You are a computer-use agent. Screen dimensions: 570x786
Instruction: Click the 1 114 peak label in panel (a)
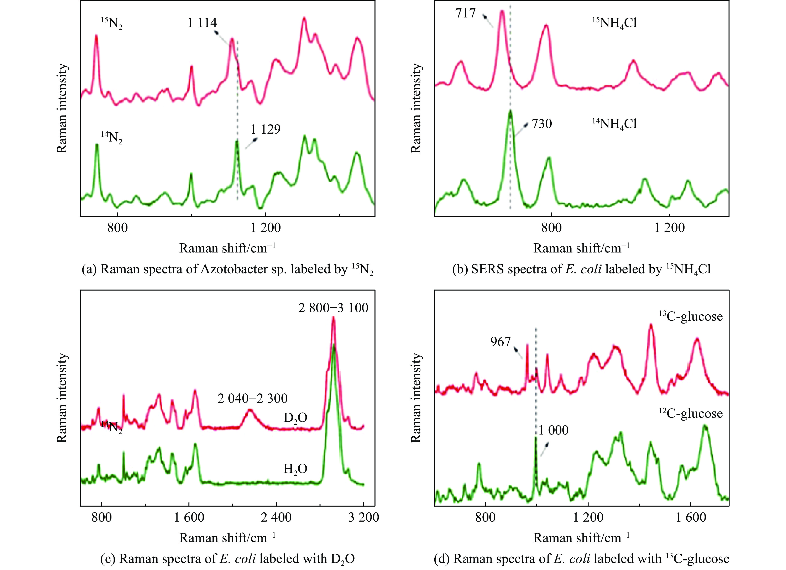point(202,23)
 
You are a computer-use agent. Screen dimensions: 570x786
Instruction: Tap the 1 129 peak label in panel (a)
point(266,129)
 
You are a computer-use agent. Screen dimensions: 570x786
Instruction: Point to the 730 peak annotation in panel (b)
point(542,124)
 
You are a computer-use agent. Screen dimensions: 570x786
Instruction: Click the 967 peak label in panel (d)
point(501,342)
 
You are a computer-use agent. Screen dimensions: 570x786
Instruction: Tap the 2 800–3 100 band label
point(333,308)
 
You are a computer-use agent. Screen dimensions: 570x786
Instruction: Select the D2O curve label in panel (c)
point(295,418)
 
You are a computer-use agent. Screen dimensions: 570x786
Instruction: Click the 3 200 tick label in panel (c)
point(363,517)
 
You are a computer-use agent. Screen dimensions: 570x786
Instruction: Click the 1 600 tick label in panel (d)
point(691,517)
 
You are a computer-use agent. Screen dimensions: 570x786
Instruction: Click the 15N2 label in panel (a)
point(112,24)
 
